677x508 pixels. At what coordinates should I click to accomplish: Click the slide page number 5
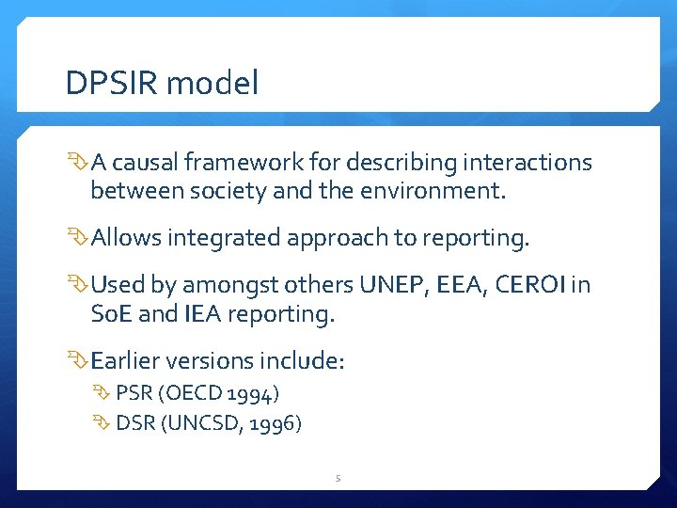pos(338,479)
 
